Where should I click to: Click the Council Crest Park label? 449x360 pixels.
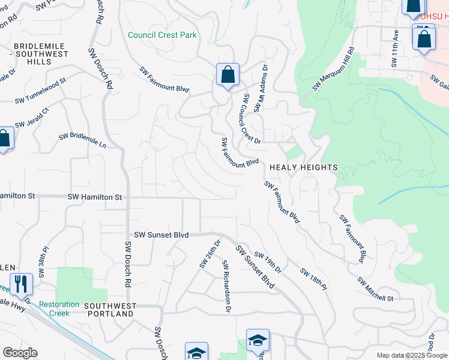pos(162,35)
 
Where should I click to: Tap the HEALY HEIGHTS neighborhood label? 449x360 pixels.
pos(303,167)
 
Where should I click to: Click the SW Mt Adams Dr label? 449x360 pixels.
pos(259,88)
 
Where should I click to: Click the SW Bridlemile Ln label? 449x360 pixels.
pos(82,140)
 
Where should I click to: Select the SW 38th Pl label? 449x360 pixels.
pos(43,261)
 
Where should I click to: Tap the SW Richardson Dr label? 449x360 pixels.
pos(227,287)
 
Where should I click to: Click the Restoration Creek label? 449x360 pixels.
pos(59,308)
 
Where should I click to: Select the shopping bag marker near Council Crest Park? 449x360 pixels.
pos(228,76)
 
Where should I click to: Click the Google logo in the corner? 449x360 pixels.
pos(20,352)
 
